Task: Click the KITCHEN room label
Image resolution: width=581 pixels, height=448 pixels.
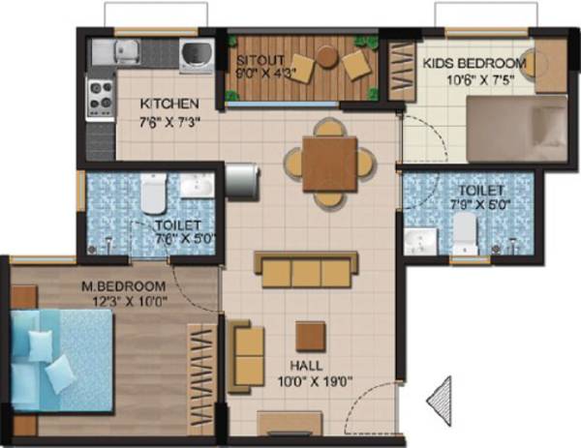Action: tap(169, 104)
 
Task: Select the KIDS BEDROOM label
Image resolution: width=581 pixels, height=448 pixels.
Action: tap(474, 64)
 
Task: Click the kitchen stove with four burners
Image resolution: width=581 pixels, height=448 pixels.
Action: tap(102, 95)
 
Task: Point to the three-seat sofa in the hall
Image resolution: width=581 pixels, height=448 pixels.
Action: tap(306, 267)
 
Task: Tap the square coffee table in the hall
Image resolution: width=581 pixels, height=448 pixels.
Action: tap(311, 336)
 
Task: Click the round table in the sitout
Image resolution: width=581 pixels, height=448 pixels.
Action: tap(326, 58)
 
